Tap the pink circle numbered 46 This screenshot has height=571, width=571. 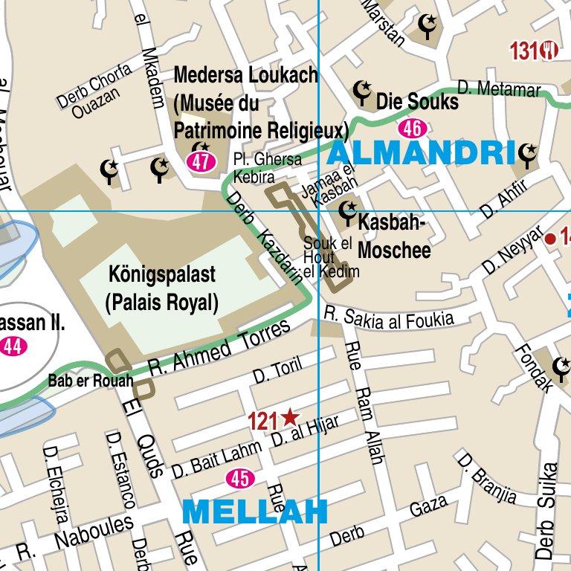point(412,129)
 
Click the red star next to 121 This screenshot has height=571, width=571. point(290,419)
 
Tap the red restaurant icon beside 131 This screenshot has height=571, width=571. point(551,50)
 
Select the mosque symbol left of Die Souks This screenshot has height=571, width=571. point(362,92)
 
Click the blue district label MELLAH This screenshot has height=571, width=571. point(254,512)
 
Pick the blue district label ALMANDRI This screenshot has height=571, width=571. point(421,153)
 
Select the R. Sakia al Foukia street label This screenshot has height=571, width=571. point(388,319)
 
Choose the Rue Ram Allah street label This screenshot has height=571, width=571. point(365,402)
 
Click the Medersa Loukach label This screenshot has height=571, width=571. point(245,76)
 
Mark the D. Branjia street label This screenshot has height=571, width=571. point(487,477)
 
